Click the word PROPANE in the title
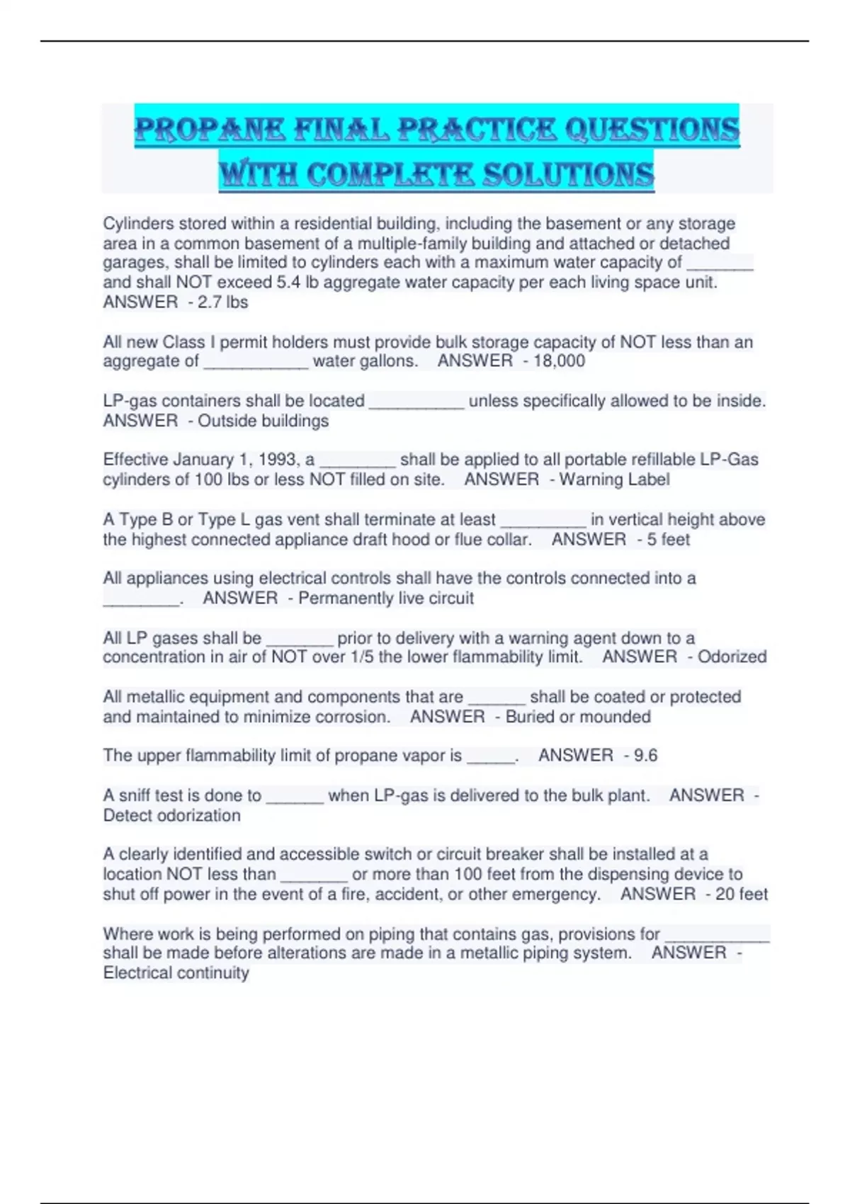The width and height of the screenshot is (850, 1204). [x=210, y=130]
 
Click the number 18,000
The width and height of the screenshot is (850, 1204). [x=559, y=361]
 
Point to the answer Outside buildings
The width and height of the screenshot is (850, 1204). [x=263, y=421]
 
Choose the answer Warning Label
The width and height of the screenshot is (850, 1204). [x=614, y=479]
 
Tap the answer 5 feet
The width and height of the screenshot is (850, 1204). [x=668, y=540]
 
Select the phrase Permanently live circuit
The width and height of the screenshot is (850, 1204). [x=385, y=598]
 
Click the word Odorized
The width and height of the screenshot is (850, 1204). [x=732, y=657]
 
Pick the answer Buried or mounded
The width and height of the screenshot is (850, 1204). [x=577, y=717]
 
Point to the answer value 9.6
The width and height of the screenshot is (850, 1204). [x=645, y=756]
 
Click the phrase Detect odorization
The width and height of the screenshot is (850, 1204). [x=172, y=816]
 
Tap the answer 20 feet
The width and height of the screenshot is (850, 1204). [x=741, y=895]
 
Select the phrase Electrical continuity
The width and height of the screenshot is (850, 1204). [x=176, y=973]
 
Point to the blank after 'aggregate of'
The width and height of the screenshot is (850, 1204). [x=256, y=363]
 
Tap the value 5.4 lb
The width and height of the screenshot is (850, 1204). [x=297, y=283]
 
